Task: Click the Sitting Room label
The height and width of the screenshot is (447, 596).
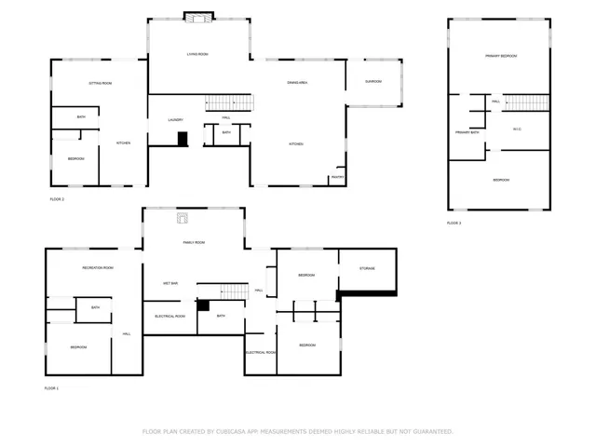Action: click(x=101, y=84)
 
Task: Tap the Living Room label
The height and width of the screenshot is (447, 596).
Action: click(x=196, y=55)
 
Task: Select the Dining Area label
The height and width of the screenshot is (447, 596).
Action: click(x=298, y=83)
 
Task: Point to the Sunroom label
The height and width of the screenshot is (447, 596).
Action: click(x=373, y=81)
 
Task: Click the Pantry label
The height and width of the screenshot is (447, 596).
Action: click(x=337, y=176)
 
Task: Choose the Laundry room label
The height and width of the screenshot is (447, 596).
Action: click(x=175, y=120)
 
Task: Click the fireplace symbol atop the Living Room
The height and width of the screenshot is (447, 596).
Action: click(x=196, y=16)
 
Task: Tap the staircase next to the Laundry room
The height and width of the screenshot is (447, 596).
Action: click(x=227, y=102)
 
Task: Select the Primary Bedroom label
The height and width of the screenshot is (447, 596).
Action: click(x=500, y=56)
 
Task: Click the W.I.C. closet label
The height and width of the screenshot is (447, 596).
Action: click(x=516, y=129)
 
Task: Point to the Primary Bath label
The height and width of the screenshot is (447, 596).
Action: click(x=467, y=133)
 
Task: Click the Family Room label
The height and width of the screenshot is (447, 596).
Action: click(x=194, y=242)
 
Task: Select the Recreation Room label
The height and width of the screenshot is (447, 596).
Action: click(x=98, y=268)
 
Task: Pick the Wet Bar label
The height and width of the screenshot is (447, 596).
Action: click(x=169, y=283)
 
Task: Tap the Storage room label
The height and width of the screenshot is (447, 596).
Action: click(x=367, y=269)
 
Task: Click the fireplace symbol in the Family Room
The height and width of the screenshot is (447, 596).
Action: click(x=183, y=219)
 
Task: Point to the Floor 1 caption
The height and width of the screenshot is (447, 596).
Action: click(x=51, y=387)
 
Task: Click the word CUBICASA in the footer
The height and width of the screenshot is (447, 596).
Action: click(x=238, y=431)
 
